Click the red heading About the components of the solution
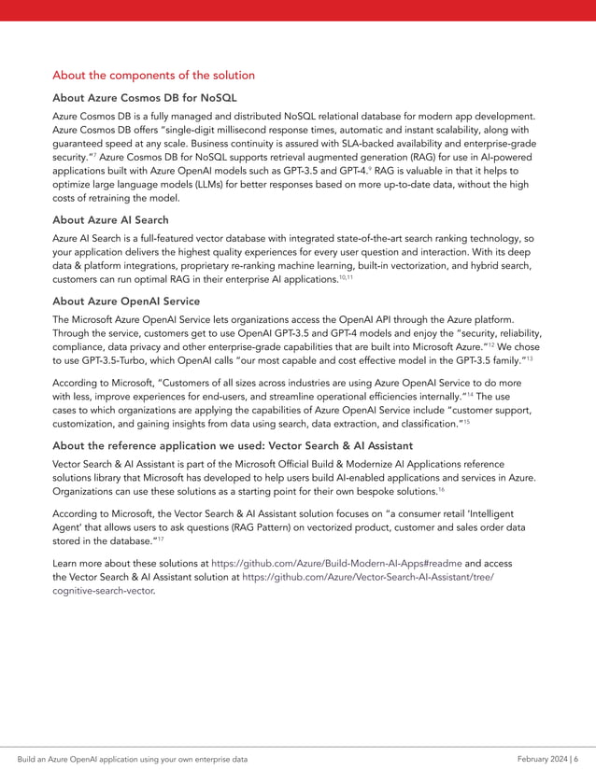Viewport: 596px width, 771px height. pos(153,75)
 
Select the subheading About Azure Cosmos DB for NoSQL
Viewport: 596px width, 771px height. pos(145,97)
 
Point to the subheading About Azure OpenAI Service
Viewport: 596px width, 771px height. pos(126,301)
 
